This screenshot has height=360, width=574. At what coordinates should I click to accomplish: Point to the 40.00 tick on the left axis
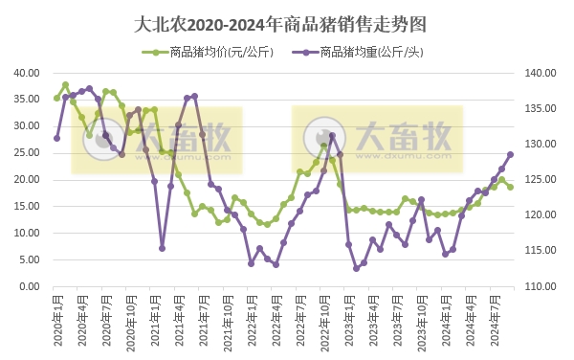pyautogui.click(x=27, y=73)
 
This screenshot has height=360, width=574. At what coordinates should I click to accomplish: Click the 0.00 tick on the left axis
pyautogui.click(x=31, y=286)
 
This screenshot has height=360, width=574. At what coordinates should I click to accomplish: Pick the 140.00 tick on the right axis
pyautogui.click(x=541, y=73)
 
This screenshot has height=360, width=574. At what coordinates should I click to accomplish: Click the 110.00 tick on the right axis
pyautogui.click(x=541, y=286)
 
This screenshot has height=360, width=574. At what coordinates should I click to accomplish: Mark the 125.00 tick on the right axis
pyautogui.click(x=541, y=180)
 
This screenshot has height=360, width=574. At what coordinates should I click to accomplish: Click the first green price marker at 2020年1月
pyautogui.click(x=56, y=98)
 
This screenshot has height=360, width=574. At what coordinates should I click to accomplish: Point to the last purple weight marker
pyautogui.click(x=510, y=154)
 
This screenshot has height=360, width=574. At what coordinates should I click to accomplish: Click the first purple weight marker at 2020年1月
pyautogui.click(x=56, y=138)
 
